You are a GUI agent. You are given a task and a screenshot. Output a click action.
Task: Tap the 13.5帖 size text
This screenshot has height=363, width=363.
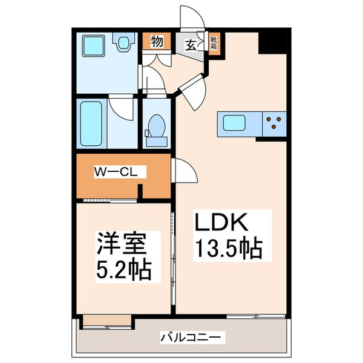[x=228, y=248]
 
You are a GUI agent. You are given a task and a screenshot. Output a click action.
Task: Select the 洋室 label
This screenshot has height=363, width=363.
[x=123, y=246]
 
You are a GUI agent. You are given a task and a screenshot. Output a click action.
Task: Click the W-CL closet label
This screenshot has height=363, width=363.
[x=116, y=172]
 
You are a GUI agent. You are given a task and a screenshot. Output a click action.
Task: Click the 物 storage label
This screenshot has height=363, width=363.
[x=156, y=42]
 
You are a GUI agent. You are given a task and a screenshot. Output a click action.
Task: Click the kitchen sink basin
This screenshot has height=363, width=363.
[x=233, y=123]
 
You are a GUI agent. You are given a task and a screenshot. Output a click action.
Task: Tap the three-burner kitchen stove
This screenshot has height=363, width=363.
[x=273, y=123]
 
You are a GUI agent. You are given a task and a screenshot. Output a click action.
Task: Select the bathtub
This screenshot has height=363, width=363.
[x=92, y=125]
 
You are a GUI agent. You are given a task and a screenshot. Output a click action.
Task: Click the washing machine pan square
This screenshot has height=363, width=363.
[x=94, y=46]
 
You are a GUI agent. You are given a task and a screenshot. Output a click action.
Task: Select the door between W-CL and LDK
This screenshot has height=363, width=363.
[x=186, y=172]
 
